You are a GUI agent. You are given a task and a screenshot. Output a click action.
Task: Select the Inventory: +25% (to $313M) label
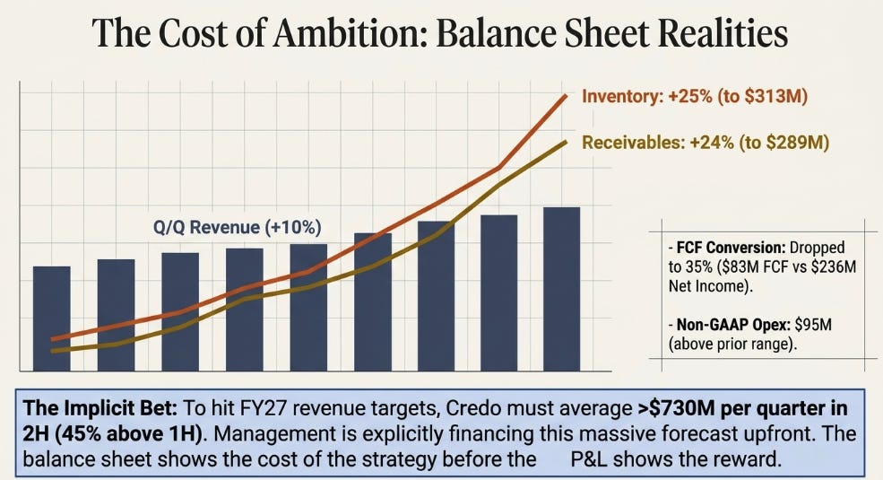pyautogui.click(x=695, y=96)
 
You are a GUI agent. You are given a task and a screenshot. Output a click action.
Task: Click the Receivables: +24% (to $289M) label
pyautogui.click(x=705, y=143)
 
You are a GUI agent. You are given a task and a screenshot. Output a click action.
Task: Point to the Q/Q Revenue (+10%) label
pyautogui.click(x=237, y=227)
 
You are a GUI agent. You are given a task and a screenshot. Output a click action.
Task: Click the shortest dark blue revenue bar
pyautogui.click(x=52, y=319)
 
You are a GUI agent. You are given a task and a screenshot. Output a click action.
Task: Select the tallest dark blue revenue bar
pyautogui.click(x=561, y=289)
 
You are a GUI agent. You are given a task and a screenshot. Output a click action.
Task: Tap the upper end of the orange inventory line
pyautogui.click(x=566, y=96)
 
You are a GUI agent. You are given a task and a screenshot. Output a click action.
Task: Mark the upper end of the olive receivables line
pyautogui.click(x=566, y=142)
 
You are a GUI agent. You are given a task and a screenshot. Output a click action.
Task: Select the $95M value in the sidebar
pyautogui.click(x=813, y=325)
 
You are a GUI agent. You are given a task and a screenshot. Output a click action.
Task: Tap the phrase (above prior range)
pyautogui.click(x=732, y=344)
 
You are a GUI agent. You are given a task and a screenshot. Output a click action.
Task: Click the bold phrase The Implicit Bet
pyautogui.click(x=100, y=408)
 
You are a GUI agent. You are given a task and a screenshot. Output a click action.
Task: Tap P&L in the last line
pyautogui.click(x=593, y=458)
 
